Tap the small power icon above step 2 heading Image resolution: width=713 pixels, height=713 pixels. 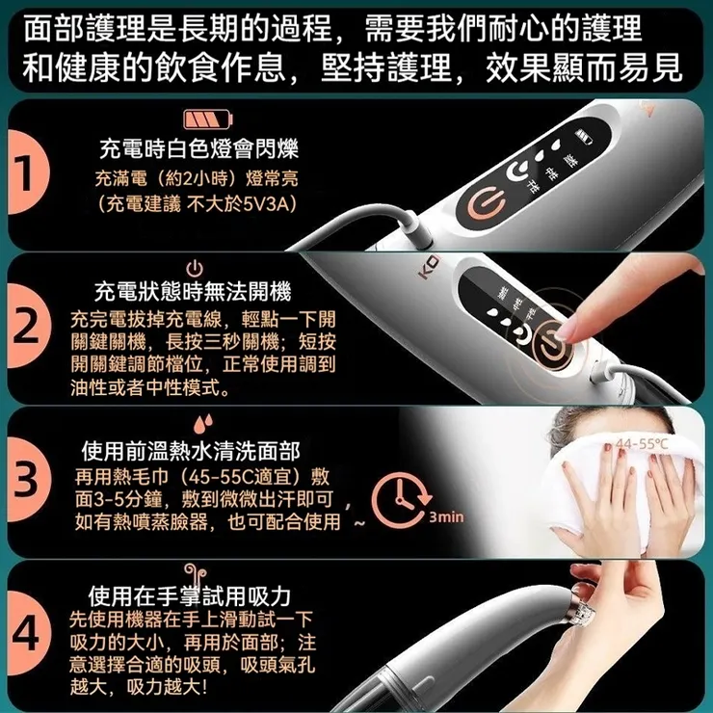[x=193, y=269]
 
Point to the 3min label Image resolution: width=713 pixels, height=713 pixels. [x=446, y=517]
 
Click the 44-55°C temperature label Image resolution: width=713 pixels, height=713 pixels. [x=644, y=443]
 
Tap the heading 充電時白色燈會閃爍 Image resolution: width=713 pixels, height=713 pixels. [x=199, y=149]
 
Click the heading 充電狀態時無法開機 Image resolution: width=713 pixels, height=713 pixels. [x=192, y=292]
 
